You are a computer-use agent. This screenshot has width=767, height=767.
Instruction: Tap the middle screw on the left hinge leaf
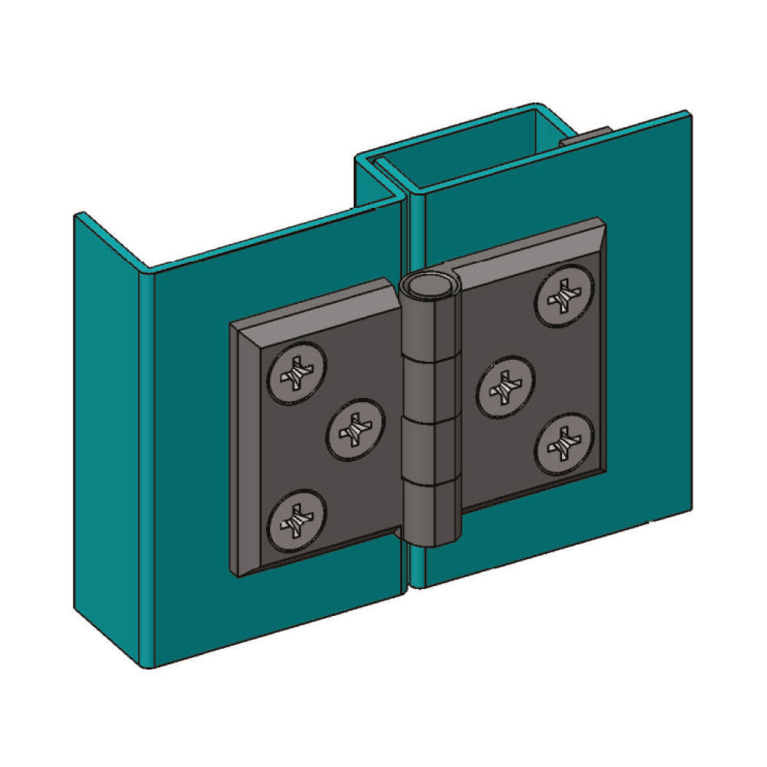(x=356, y=428)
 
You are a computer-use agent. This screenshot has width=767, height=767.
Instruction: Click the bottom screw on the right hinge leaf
(x=564, y=444)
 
